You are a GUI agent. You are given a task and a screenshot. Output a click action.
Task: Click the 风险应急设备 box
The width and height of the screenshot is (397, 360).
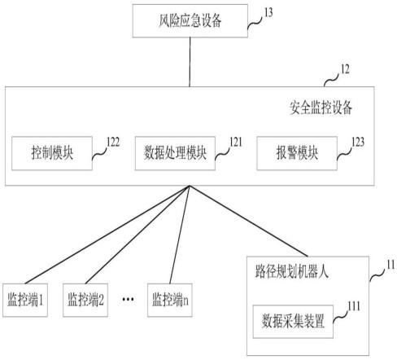click(x=190, y=21)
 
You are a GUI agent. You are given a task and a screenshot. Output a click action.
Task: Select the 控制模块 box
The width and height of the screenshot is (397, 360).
click(x=52, y=153)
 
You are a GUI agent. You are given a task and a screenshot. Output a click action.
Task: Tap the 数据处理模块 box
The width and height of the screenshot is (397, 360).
click(x=175, y=153)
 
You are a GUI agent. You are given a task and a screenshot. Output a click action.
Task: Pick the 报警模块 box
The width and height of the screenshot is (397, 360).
click(x=297, y=153)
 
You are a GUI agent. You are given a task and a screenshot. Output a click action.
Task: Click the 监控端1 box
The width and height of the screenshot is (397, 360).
click(x=25, y=300)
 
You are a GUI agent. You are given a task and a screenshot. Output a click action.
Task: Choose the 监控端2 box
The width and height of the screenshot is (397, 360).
click(x=85, y=300)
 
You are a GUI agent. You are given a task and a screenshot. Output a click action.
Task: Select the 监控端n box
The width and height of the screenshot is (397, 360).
click(x=170, y=300)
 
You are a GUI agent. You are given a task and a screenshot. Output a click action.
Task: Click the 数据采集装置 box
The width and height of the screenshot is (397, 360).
click(x=293, y=322)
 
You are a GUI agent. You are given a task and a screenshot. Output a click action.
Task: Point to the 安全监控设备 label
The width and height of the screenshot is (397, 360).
click(x=321, y=108)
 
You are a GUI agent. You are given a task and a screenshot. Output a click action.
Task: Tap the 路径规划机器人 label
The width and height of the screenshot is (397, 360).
click(x=292, y=271)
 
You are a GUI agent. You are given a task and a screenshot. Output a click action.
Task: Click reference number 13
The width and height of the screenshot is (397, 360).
click(x=268, y=12)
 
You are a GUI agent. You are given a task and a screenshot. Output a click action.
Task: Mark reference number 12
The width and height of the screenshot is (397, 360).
click(x=345, y=69)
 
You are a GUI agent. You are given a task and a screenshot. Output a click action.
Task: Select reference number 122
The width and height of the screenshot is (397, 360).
click(x=113, y=142)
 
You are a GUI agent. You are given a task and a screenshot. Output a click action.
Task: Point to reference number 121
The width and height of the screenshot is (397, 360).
click(x=236, y=142)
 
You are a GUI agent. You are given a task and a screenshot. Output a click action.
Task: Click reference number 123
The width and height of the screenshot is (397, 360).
click(x=358, y=142)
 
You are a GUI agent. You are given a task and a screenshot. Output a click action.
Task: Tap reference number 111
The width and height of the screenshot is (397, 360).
click(x=354, y=306)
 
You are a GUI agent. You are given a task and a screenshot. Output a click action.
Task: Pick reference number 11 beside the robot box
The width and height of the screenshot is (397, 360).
click(x=390, y=265)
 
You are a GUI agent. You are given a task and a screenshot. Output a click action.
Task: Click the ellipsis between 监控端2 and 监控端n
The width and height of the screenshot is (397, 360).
click(x=128, y=299)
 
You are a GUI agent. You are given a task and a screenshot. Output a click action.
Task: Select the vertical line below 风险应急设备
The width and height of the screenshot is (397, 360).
click(x=190, y=62)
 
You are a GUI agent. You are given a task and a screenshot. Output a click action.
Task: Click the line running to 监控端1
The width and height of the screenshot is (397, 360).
click(x=107, y=235)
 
